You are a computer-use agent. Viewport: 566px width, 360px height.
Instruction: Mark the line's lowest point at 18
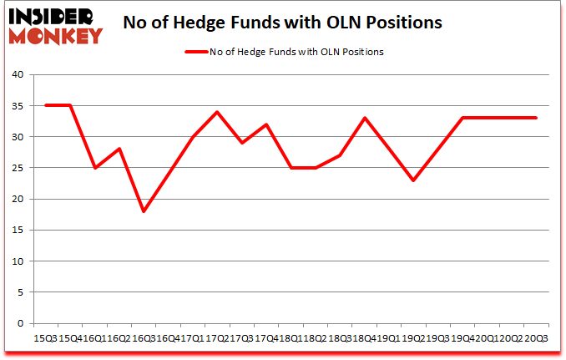pyautogui.click(x=144, y=211)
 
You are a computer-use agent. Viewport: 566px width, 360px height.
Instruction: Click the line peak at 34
pyautogui.click(x=217, y=112)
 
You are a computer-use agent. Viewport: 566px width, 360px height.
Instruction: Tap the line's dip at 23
pyautogui.click(x=413, y=180)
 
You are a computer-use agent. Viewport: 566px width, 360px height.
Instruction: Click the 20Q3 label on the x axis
pyautogui.click(x=536, y=338)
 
